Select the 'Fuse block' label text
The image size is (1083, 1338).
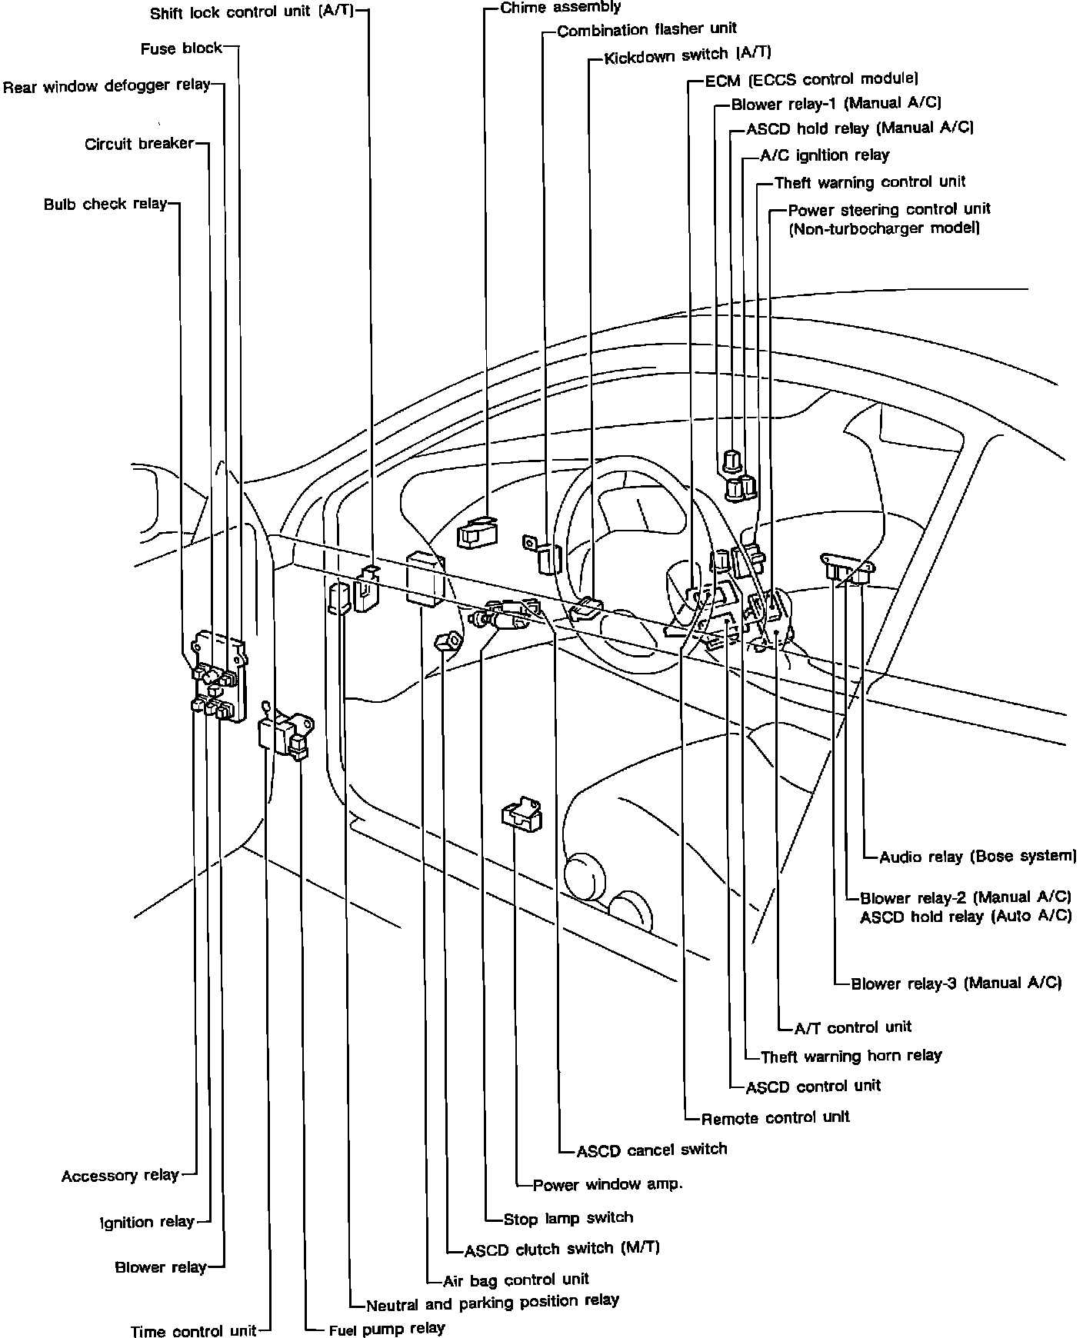click(x=182, y=49)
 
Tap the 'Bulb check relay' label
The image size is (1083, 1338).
click(x=105, y=205)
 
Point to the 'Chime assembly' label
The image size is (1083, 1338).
click(x=560, y=8)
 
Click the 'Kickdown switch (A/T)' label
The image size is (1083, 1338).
click(x=687, y=56)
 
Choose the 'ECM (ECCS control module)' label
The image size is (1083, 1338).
click(x=811, y=79)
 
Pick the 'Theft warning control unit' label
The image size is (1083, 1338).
click(x=870, y=183)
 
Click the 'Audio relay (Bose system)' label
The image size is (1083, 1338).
click(x=978, y=857)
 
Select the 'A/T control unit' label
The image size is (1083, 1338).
click(x=852, y=1027)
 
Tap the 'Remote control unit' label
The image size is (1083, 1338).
click(x=775, y=1117)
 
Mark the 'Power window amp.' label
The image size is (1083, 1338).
click(x=608, y=1184)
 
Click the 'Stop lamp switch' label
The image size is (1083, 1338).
click(x=568, y=1219)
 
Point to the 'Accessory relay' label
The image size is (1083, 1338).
click(x=120, y=1176)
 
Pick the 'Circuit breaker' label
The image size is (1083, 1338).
click(x=139, y=145)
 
